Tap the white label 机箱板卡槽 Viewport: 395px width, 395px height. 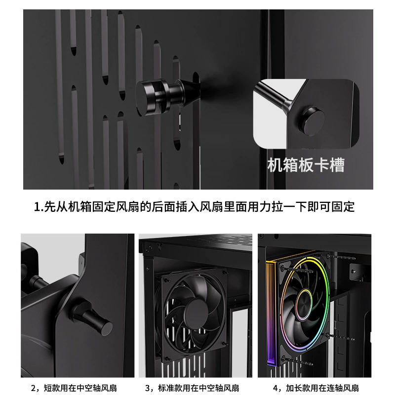point(306,165)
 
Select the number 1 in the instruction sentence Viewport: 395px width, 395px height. point(37,207)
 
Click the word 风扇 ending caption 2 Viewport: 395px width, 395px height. point(109,388)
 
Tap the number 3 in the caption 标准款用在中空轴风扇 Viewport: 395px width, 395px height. point(148,388)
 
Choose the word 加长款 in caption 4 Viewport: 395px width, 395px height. point(298,388)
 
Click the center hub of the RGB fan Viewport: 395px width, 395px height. point(304,303)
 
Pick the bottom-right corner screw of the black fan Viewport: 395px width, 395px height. point(224,343)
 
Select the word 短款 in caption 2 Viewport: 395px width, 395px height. point(52,388)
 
